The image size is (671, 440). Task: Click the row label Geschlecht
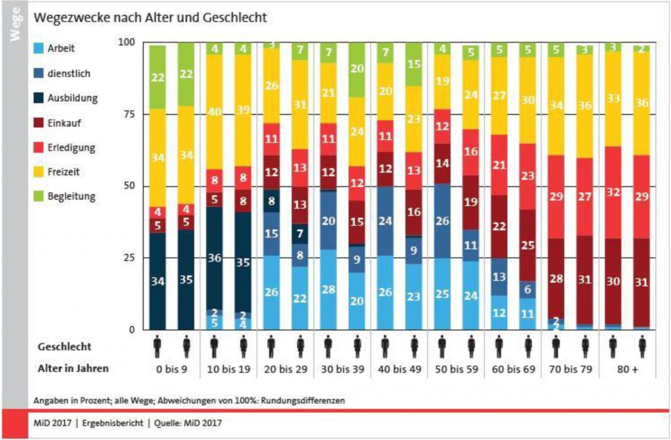click(64, 345)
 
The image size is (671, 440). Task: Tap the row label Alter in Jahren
click(73, 369)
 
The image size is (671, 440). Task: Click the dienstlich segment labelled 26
click(442, 221)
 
